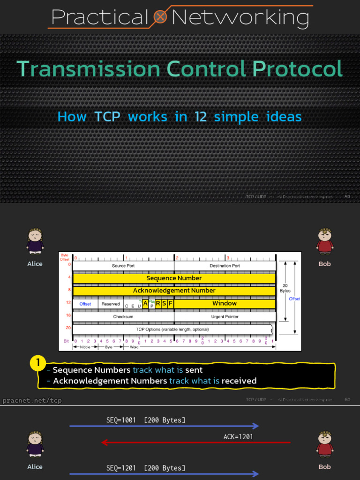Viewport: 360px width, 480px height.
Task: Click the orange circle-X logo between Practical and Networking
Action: pos(160,18)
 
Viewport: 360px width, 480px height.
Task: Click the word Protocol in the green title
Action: pos(297,69)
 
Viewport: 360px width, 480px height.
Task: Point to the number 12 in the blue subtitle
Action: pos(201,117)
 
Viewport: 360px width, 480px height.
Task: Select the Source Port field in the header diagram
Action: pos(123,266)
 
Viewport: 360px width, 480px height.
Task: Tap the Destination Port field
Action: pos(225,266)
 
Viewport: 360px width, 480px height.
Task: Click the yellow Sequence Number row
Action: pos(174,278)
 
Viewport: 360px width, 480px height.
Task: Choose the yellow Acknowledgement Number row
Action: pos(174,291)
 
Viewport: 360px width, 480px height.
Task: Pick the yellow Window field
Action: pos(225,304)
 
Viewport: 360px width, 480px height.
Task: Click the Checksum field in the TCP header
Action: pos(123,317)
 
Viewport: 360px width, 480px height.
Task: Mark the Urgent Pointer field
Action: pos(225,317)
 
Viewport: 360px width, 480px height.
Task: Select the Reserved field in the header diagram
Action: pos(111,304)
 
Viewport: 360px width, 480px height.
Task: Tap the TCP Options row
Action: pos(172,329)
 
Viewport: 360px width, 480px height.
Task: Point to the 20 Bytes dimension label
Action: pos(285,288)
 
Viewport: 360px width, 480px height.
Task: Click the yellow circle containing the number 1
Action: pos(38,363)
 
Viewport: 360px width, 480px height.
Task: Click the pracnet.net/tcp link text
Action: pos(32,401)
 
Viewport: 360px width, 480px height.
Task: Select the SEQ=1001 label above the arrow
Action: pos(121,420)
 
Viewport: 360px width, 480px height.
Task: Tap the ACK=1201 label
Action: pos(238,437)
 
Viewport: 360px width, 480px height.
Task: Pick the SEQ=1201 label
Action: pos(121,468)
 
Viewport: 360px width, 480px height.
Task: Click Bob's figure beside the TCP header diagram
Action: pos(324,242)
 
